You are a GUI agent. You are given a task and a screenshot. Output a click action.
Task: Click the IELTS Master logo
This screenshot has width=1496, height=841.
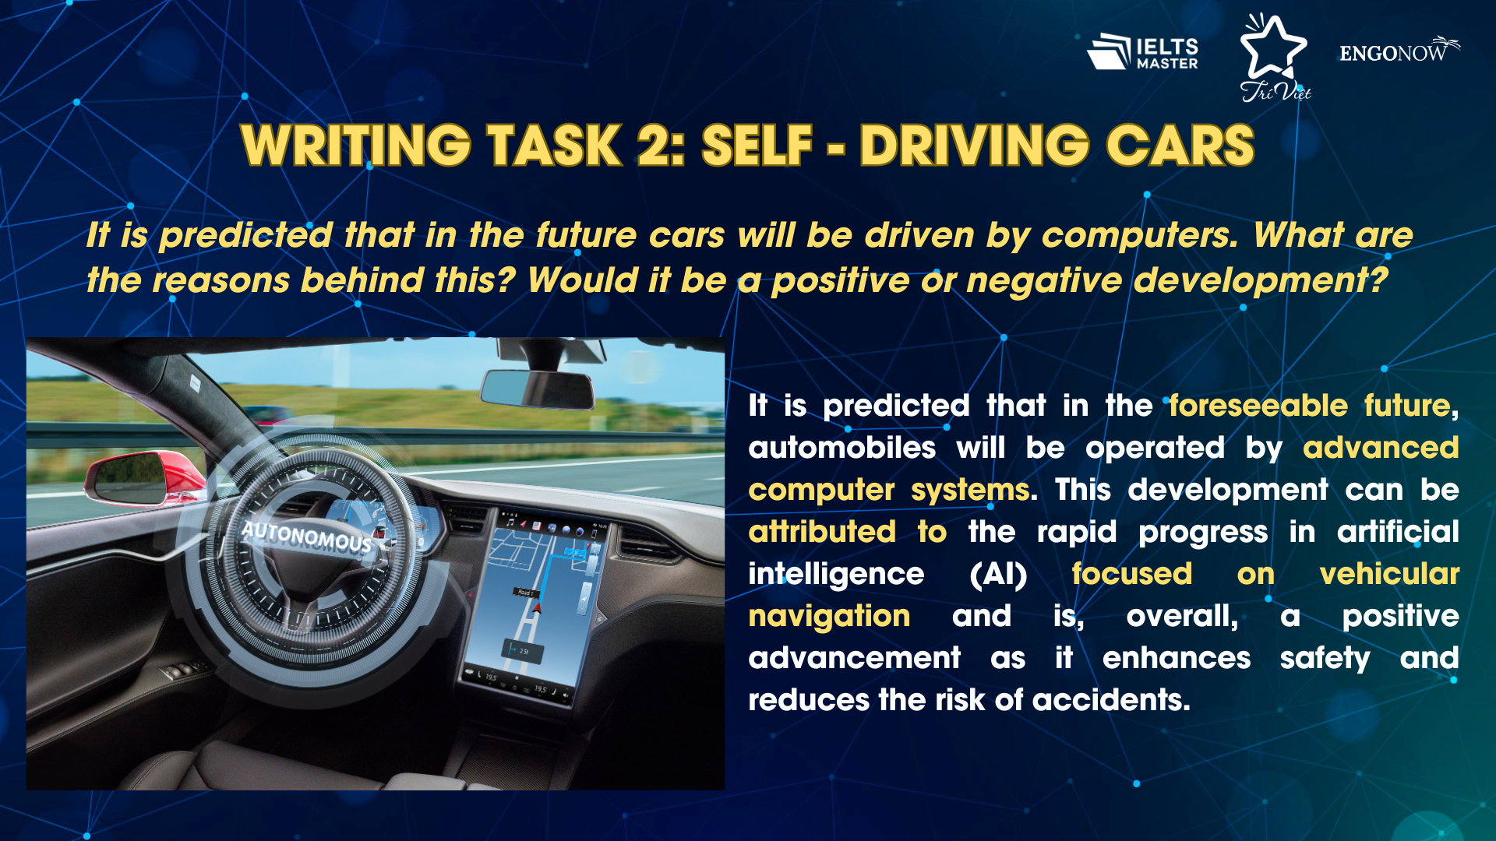(1142, 52)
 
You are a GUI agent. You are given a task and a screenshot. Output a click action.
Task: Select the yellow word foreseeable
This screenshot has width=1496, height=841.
(1258, 406)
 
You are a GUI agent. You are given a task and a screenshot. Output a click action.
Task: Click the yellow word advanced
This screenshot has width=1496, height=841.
(1381, 448)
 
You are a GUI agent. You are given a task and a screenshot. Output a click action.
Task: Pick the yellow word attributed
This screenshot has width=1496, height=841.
(822, 532)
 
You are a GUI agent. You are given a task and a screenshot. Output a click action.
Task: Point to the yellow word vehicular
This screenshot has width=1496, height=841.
(1389, 574)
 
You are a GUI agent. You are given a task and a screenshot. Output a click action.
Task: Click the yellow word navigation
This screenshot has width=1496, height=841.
(829, 617)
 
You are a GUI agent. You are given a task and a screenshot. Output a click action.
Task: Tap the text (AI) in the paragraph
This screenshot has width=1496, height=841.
(998, 575)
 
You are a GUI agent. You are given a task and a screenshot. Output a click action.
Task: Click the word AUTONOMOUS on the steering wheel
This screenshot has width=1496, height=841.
(306, 537)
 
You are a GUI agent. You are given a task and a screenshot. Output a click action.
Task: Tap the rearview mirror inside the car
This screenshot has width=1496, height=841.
(538, 388)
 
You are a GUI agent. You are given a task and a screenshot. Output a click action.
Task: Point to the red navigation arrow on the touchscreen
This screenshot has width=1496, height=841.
(536, 607)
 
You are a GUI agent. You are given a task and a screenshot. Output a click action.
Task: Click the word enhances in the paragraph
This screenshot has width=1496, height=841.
(1177, 658)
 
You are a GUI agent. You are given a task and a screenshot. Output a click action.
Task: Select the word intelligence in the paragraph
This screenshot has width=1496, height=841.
(836, 575)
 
